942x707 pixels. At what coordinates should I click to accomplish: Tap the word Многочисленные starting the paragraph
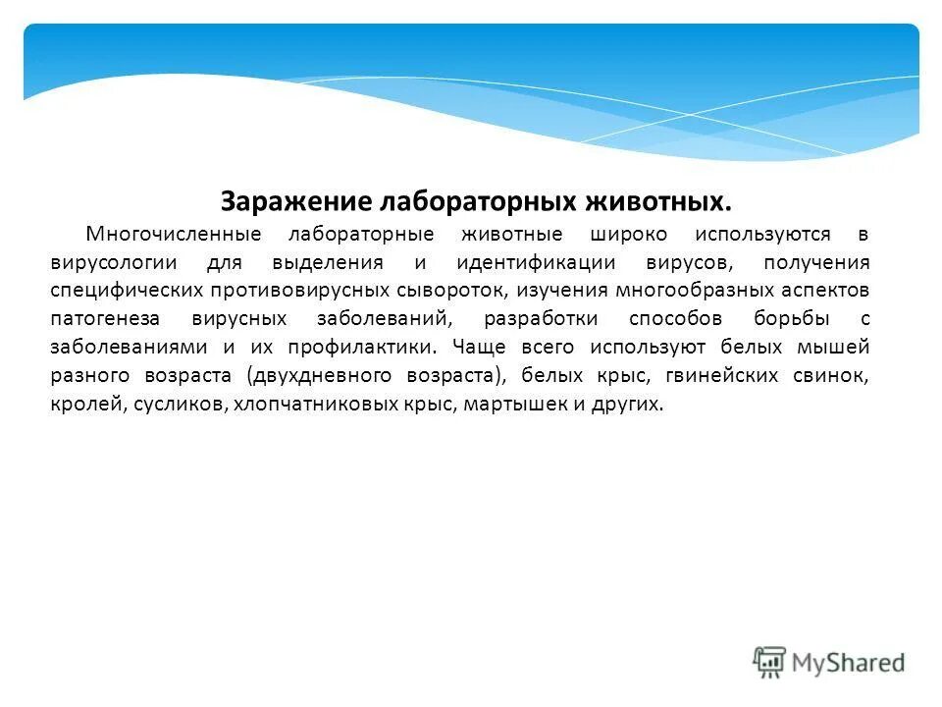(173, 235)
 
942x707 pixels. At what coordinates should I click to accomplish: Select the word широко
(629, 235)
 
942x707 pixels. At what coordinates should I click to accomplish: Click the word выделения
(329, 263)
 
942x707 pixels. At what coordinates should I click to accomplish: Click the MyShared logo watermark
(829, 663)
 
